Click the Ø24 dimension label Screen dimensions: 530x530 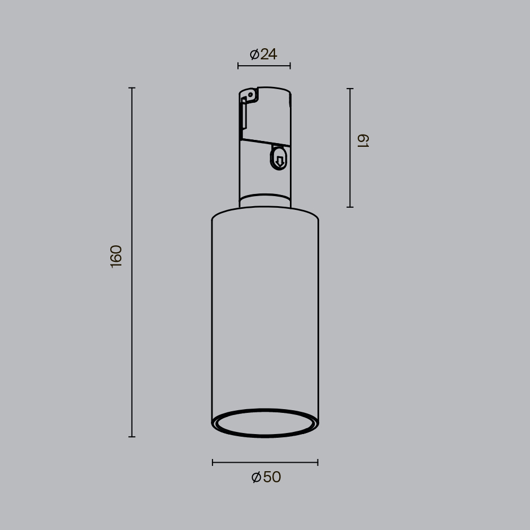(x=263, y=54)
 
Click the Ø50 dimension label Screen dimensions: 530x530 (x=266, y=477)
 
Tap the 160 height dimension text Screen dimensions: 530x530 (x=116, y=256)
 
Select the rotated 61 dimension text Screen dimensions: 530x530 (x=363, y=141)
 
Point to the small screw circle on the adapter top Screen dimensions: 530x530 (x=251, y=95)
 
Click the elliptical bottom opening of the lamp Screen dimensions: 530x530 (x=265, y=422)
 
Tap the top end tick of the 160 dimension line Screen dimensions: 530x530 (x=132, y=88)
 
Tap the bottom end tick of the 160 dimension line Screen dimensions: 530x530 (x=132, y=437)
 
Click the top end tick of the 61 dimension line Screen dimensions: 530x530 (x=350, y=89)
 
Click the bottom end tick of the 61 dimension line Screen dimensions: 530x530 (x=350, y=207)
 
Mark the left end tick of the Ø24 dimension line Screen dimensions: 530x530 (x=238, y=66)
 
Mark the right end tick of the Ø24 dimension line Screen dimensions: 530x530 (x=290, y=66)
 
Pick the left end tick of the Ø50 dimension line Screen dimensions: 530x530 (x=213, y=462)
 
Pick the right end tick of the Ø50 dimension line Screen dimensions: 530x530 (x=317, y=462)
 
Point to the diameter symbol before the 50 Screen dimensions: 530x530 (x=257, y=477)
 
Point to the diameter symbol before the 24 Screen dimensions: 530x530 (x=254, y=54)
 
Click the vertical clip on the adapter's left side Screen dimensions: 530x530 (x=244, y=113)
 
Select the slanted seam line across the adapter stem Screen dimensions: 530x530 (x=265, y=143)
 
